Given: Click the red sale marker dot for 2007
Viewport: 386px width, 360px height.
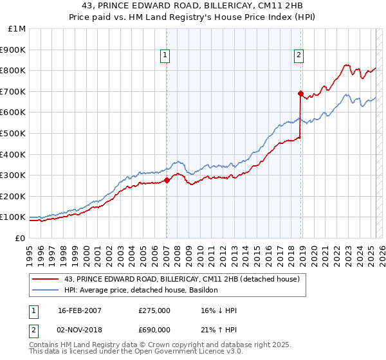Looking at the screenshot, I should point(167,180).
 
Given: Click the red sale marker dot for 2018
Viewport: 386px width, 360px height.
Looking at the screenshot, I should point(300,93).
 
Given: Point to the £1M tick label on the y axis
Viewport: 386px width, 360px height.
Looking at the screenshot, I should point(17,29).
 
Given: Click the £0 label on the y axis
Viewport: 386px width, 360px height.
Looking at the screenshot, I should point(20,238).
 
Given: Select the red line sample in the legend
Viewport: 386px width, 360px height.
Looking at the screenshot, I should point(45,279).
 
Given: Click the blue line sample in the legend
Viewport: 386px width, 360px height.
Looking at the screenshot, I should point(45,290).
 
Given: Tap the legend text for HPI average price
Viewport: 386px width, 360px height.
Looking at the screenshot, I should point(142,290).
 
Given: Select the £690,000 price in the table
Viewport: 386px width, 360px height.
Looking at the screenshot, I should point(154,329).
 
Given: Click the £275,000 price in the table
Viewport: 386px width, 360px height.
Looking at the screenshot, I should point(154,310).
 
